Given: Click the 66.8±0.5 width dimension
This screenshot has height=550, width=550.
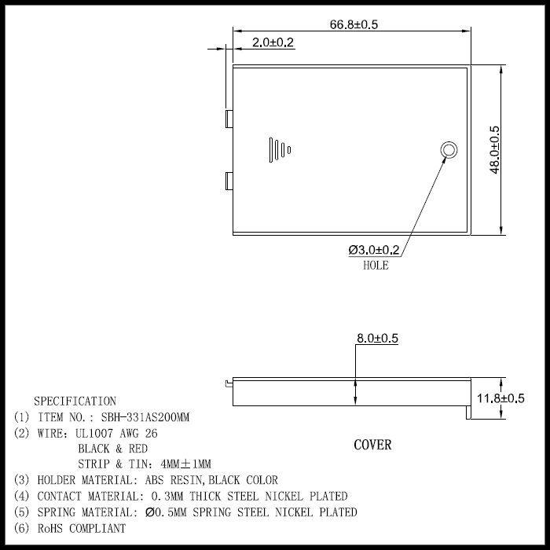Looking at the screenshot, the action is pyautogui.click(x=354, y=24).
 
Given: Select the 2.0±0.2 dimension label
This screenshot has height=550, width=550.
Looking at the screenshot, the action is pyautogui.click(x=273, y=42).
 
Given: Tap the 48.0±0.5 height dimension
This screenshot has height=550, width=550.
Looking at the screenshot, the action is pyautogui.click(x=494, y=150).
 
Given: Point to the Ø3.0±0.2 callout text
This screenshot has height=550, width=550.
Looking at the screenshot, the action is pyautogui.click(x=374, y=250).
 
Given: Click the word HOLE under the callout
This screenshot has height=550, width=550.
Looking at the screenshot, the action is pyautogui.click(x=376, y=266).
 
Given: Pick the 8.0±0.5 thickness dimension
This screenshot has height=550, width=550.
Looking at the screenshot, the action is pyautogui.click(x=377, y=338).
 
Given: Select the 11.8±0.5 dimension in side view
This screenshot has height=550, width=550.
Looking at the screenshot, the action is pyautogui.click(x=500, y=398).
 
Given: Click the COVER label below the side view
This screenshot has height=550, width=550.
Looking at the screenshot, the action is pyautogui.click(x=372, y=445).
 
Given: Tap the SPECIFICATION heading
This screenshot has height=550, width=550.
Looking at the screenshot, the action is pyautogui.click(x=75, y=401).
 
